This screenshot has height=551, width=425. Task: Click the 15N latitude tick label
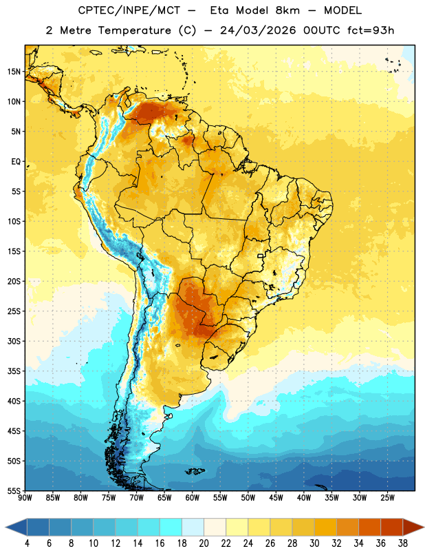[14, 72]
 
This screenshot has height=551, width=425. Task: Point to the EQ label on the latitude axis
[16, 162]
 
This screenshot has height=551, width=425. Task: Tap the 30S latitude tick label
[14, 341]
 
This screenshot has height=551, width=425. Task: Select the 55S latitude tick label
[14, 491]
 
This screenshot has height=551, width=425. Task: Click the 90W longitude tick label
[25, 497]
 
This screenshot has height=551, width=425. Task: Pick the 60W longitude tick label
[193, 497]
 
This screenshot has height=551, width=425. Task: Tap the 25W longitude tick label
[387, 497]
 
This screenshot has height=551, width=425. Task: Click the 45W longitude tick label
[276, 497]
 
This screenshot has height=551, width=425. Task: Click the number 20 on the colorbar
[204, 543]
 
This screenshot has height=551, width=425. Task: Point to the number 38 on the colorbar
[403, 543]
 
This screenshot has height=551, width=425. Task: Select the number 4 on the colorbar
[27, 543]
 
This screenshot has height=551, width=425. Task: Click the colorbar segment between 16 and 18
[171, 527]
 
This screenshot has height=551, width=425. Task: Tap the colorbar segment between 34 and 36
[370, 527]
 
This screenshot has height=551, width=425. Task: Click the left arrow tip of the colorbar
[6, 527]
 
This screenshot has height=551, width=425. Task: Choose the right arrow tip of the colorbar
[424, 527]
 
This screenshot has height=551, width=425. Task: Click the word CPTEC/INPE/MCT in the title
[129, 10]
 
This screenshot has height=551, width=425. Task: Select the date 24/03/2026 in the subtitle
[258, 30]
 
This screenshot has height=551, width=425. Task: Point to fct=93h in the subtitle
[371, 30]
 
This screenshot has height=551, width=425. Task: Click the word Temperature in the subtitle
[134, 30]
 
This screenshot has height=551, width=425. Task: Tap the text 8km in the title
[287, 10]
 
